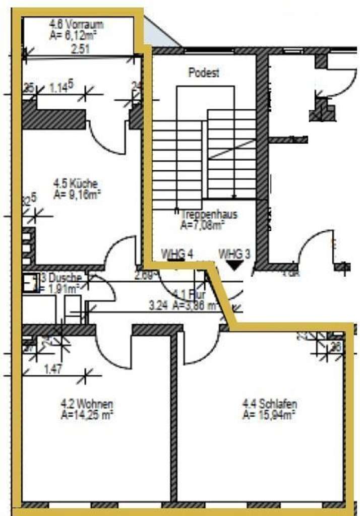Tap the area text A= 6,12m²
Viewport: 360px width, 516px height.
pyautogui.click(x=74, y=35)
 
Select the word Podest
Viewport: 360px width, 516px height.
pyautogui.click(x=204, y=73)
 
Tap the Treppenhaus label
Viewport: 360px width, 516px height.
pyautogui.click(x=208, y=215)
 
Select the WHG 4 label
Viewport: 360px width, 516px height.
pyautogui.click(x=177, y=253)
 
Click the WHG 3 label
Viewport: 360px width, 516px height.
pyautogui.click(x=234, y=253)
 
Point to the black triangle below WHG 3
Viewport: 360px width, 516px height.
pyautogui.click(x=234, y=264)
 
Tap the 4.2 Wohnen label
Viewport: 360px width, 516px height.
pyautogui.click(x=87, y=404)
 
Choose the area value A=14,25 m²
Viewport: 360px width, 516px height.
pyautogui.click(x=86, y=414)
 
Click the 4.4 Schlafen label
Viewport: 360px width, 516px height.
pyautogui.click(x=269, y=404)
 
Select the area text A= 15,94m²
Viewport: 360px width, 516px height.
pyautogui.click(x=269, y=414)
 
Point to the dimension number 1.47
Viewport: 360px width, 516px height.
pyautogui.click(x=53, y=369)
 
